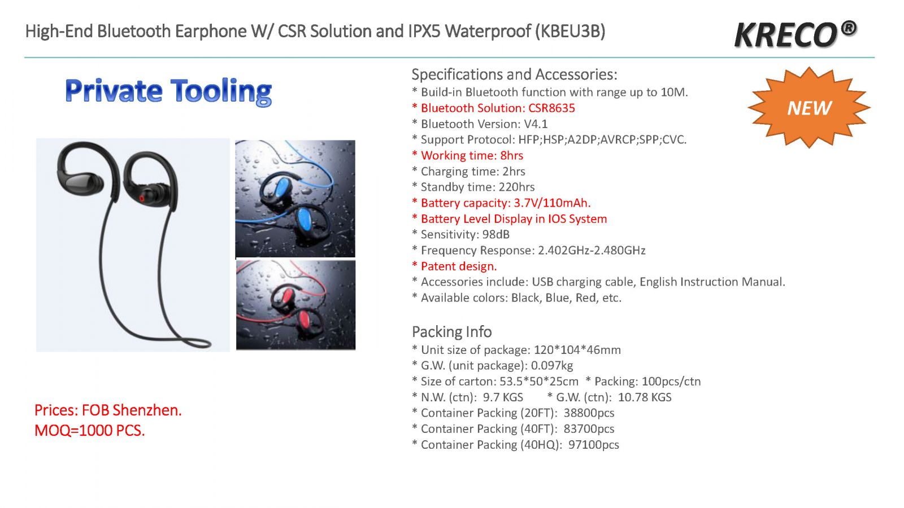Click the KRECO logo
(x=796, y=34)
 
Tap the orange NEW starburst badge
(x=809, y=108)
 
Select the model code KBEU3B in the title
(x=570, y=32)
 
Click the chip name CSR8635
(x=551, y=108)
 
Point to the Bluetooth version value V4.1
(x=536, y=124)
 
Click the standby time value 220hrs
(x=516, y=187)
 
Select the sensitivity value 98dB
(x=496, y=234)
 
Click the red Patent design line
(x=454, y=266)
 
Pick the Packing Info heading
(x=451, y=332)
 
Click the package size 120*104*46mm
(x=577, y=349)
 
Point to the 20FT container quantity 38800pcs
(x=589, y=413)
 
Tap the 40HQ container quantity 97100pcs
(x=594, y=445)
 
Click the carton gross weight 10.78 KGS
(x=645, y=397)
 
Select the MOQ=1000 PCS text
(x=90, y=431)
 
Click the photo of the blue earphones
(x=295, y=198)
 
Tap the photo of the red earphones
(x=296, y=305)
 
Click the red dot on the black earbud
(x=142, y=198)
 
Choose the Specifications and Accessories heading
(x=515, y=75)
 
